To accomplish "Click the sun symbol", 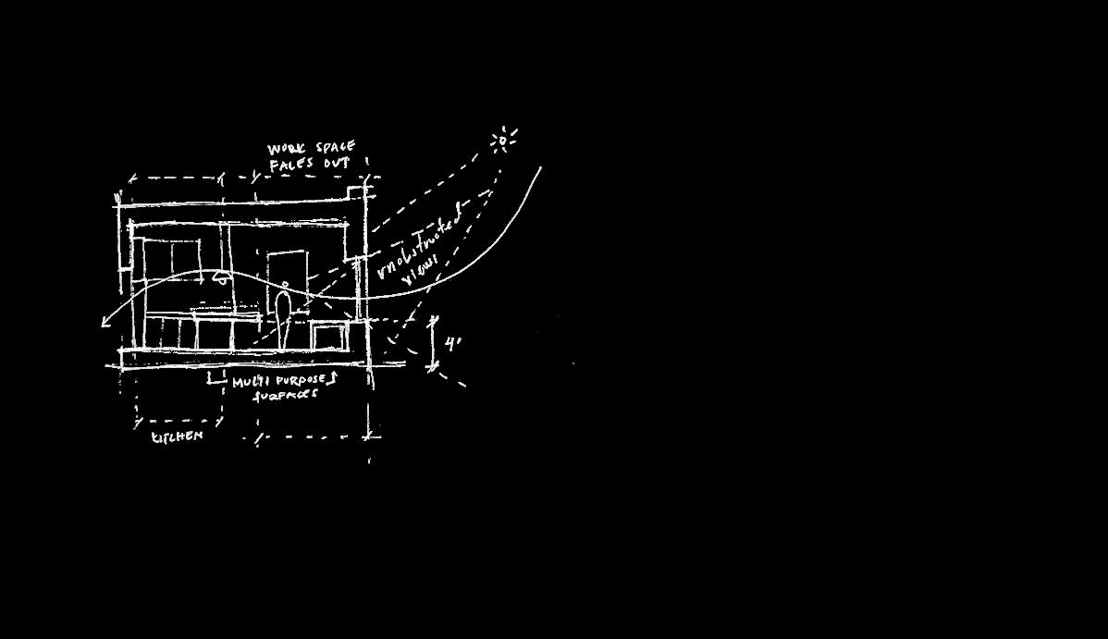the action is coord(502,141).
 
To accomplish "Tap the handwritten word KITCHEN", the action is coord(177,436).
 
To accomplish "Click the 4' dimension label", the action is coord(452,343).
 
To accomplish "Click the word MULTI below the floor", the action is coord(250,381).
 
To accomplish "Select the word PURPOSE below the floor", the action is coord(304,380).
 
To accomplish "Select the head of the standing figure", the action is coord(285,286).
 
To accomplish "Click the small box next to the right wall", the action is coord(328,335).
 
